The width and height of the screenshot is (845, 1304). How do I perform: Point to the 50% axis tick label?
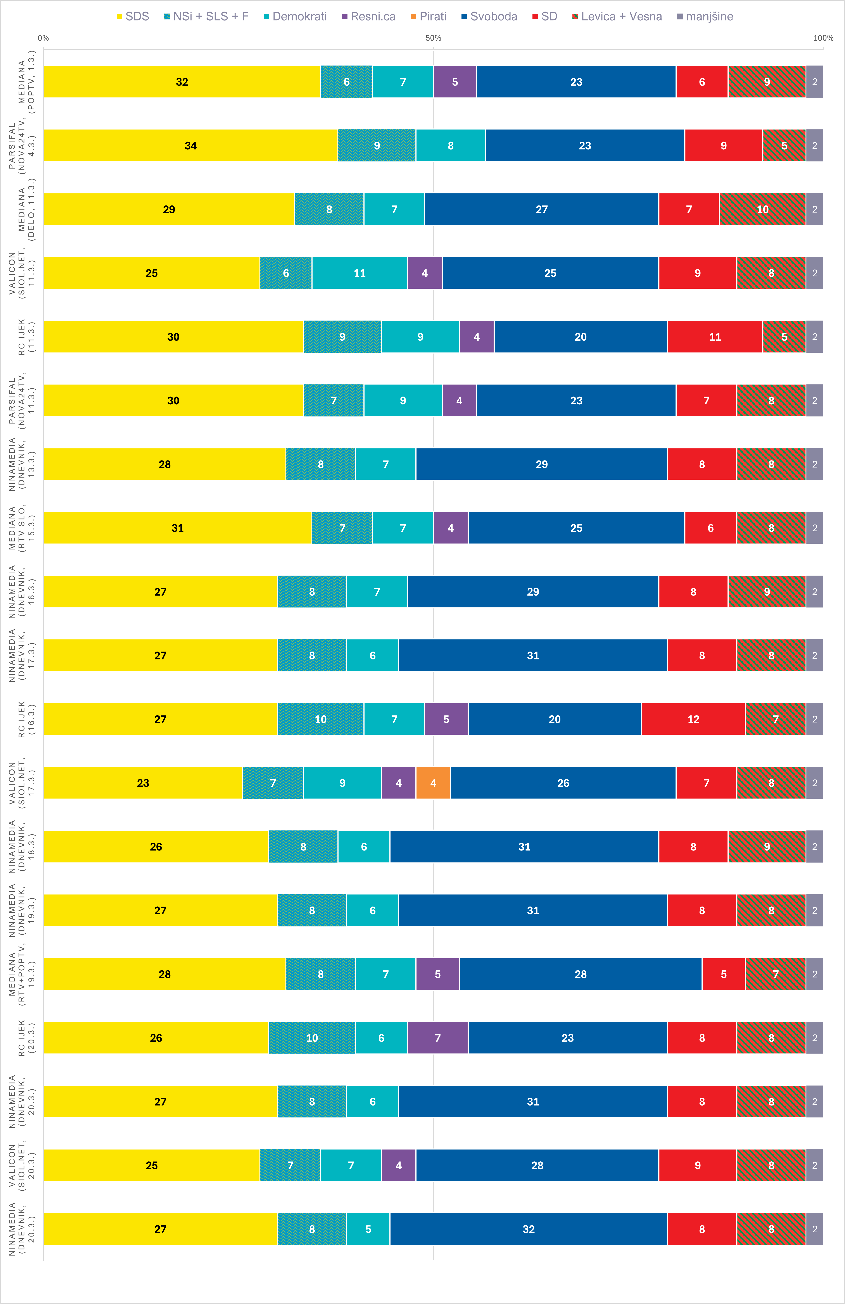pos(433,38)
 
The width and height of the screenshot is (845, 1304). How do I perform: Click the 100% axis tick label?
pos(823,38)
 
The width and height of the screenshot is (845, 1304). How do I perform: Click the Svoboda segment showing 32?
pos(528,1229)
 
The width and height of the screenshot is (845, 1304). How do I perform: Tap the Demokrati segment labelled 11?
pos(359,273)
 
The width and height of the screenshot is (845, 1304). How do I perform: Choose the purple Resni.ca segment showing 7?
pos(437,1038)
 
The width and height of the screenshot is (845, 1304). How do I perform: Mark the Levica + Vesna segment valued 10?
pos(762,209)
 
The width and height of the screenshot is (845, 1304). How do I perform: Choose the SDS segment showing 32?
pos(182,82)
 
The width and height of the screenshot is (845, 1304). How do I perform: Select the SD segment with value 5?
pos(723,974)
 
